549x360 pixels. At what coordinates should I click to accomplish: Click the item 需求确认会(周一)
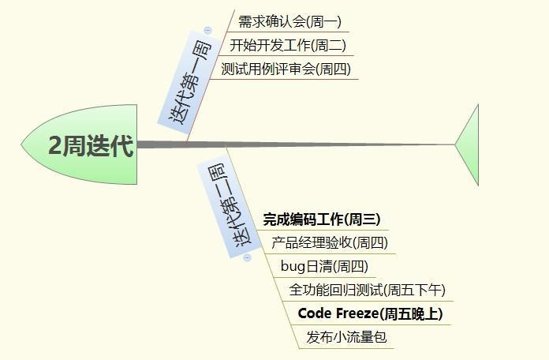pos(289,22)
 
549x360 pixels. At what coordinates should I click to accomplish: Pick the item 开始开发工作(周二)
pos(288,46)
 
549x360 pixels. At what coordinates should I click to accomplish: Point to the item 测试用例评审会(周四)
pos(286,69)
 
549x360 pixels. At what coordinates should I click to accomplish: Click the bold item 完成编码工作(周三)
pos(322,219)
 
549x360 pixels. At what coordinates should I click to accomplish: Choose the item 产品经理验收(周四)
pos(330,243)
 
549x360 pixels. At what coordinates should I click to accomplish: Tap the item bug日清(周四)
pos(324,267)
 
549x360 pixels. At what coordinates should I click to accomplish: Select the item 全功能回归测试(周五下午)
pos(367,291)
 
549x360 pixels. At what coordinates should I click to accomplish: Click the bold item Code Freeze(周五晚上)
pos(370,314)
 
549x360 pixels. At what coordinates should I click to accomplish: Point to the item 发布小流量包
pos(346,338)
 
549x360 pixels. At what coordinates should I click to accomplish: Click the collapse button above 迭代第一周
pos(207,30)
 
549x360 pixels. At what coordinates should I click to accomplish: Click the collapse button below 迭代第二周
pos(247,257)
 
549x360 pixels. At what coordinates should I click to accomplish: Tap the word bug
pos(293,267)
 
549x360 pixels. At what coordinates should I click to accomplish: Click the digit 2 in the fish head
pos(55,146)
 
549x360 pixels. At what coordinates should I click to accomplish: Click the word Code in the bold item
pos(314,314)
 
